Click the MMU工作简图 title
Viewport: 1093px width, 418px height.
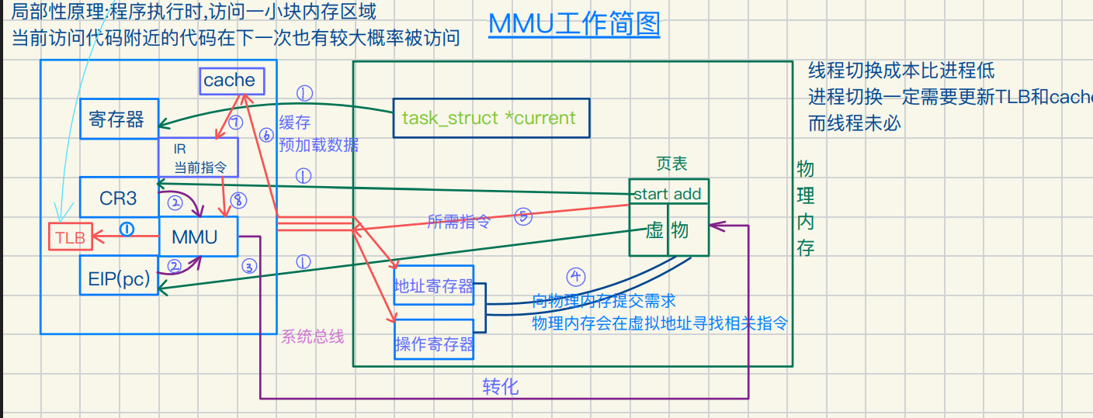coord(574,24)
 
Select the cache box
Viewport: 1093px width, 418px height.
coord(229,81)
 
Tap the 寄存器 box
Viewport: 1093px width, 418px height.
coord(119,119)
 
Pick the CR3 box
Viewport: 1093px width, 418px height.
coord(118,198)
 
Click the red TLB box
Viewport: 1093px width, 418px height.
coord(71,238)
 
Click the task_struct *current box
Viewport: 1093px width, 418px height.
coord(490,118)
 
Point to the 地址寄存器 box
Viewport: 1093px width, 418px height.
coord(434,287)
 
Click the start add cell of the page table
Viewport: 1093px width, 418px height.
coord(668,194)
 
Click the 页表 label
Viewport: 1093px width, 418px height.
coord(671,164)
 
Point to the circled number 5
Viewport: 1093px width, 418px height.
coord(523,218)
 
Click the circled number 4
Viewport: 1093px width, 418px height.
coord(576,277)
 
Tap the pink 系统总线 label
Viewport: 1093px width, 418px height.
coord(312,337)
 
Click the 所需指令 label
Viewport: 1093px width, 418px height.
coord(460,221)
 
